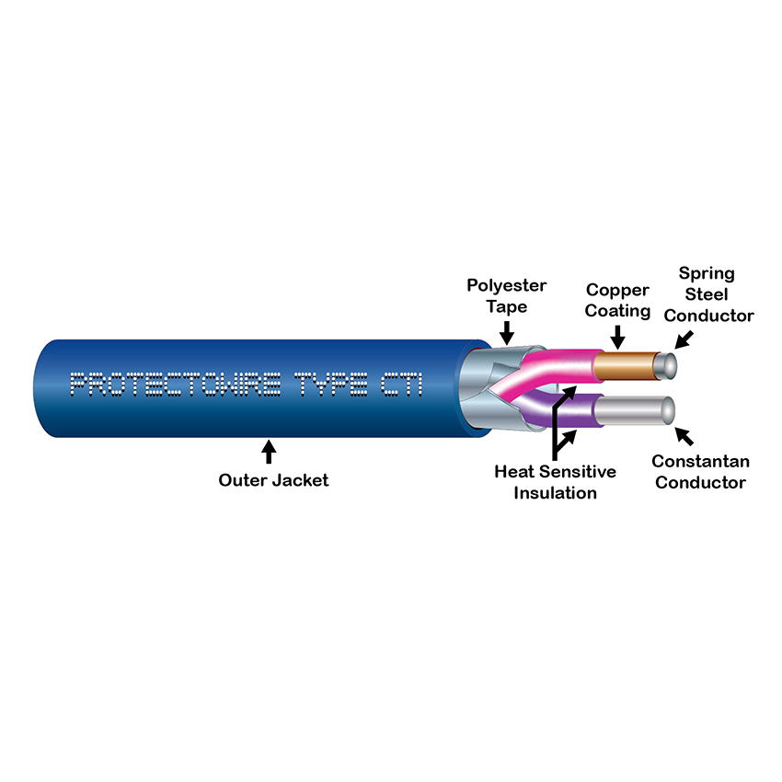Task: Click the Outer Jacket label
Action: pos(272,479)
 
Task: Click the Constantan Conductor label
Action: pos(699,471)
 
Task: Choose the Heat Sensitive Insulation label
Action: pos(555,482)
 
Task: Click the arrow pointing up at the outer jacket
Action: pos(269,452)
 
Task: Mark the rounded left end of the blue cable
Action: pos(42,386)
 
